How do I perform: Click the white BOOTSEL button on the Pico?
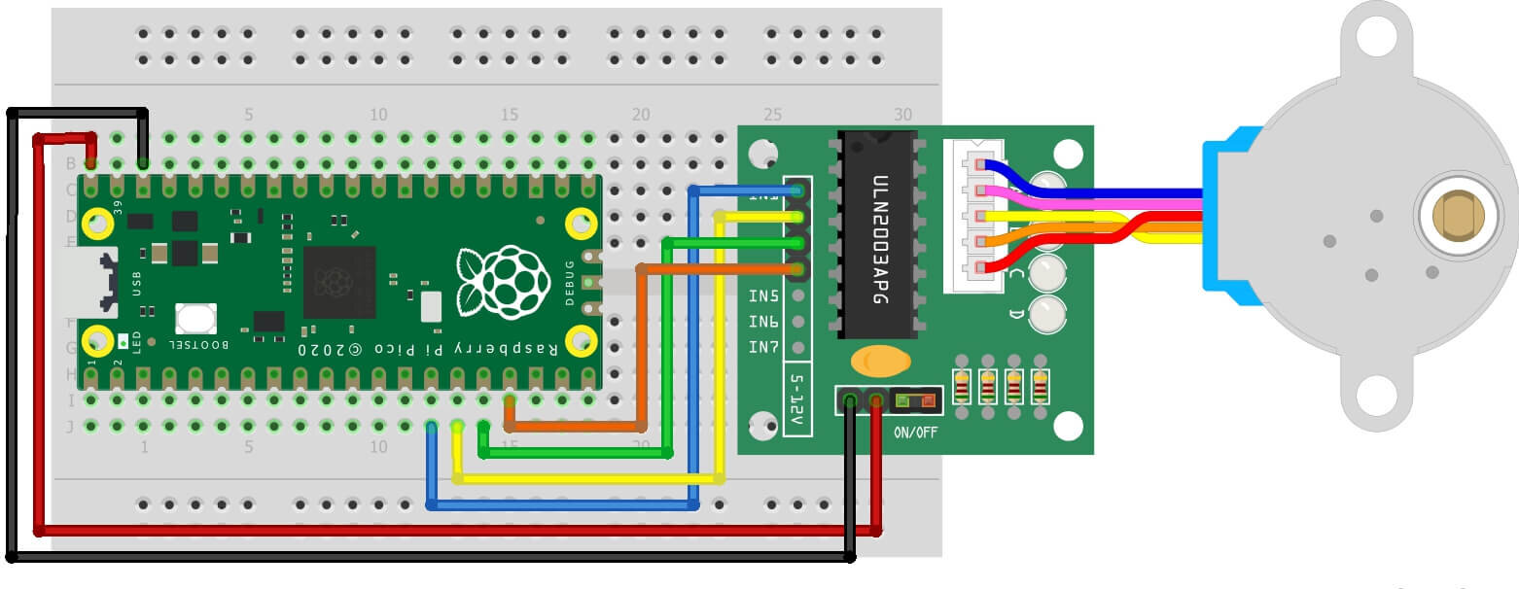pos(195,318)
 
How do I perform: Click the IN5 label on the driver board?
pos(763,295)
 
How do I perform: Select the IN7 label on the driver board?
pos(763,347)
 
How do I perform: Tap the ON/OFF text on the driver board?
pos(915,432)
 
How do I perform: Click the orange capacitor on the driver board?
pos(880,362)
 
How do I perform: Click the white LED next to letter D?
pos(1046,313)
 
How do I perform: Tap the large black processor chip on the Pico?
pos(339,282)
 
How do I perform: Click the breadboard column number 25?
pos(773,115)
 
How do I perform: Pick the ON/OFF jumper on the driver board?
pos(915,399)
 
